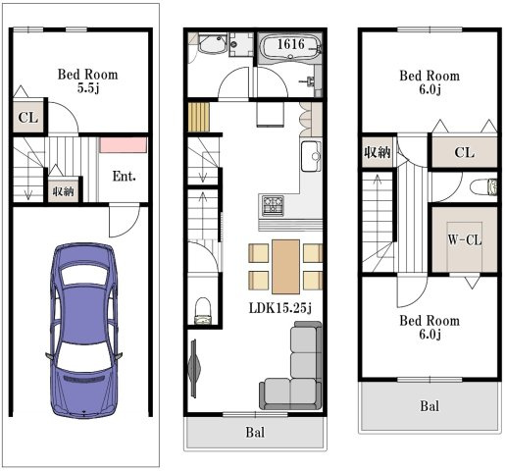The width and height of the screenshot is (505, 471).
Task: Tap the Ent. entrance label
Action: (x=124, y=177)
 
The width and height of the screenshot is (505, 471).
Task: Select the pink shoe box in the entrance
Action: (x=123, y=145)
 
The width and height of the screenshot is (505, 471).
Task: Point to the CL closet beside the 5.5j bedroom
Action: (x=28, y=117)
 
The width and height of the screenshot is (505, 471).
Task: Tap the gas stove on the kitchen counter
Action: (x=273, y=206)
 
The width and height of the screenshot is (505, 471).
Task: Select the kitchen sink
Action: (x=311, y=156)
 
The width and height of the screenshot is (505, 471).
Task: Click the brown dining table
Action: (x=285, y=267)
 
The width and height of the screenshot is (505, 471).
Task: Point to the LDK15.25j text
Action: (x=280, y=308)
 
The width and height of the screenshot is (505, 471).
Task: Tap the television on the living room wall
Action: (x=195, y=368)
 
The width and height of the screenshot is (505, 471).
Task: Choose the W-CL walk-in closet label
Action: (x=465, y=240)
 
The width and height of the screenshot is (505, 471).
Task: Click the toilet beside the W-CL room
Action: (x=484, y=187)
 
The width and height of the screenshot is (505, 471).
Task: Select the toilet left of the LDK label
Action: (x=203, y=311)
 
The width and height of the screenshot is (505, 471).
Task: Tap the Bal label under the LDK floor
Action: (x=255, y=432)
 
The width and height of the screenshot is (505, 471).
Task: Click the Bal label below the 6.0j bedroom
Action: (x=429, y=406)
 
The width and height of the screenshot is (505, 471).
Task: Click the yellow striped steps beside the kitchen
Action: (x=199, y=117)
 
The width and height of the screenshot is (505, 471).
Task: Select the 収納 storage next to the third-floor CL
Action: (x=378, y=152)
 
